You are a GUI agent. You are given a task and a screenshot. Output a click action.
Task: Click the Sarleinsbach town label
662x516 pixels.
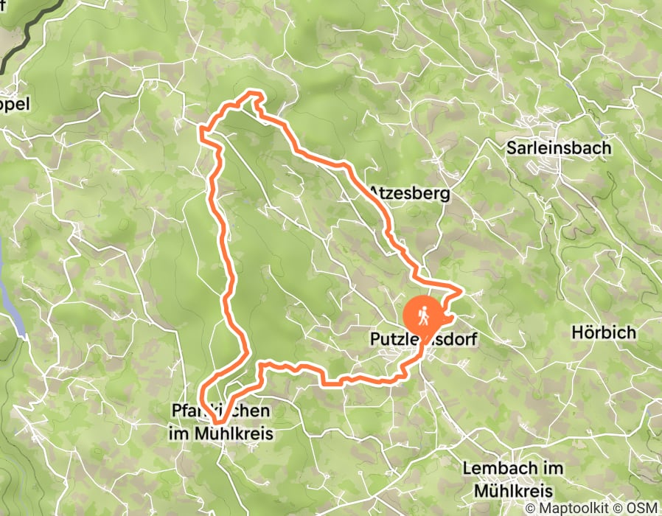559,147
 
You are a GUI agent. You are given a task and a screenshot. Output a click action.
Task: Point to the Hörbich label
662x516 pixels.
603,332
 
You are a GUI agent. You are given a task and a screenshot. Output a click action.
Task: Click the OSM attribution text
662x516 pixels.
643,507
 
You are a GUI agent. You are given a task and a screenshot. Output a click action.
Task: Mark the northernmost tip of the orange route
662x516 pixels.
254,93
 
